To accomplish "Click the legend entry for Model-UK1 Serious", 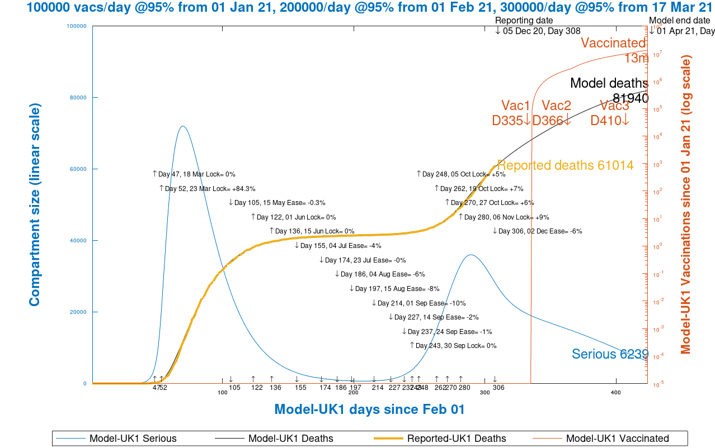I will (133, 439).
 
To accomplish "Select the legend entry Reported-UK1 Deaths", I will (456, 439).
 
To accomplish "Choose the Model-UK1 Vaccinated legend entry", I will (617, 439).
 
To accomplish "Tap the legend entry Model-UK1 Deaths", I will (290, 439).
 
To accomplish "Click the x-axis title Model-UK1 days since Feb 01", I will (369, 409).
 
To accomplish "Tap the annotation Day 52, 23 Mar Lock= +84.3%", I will (210, 189).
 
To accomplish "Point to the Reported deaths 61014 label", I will (565, 165).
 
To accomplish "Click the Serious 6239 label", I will (609, 354).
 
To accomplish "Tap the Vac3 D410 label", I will (610, 113).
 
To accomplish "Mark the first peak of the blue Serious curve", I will (182, 126).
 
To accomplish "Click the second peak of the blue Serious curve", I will (471, 255).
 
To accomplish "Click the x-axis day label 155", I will (300, 388).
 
